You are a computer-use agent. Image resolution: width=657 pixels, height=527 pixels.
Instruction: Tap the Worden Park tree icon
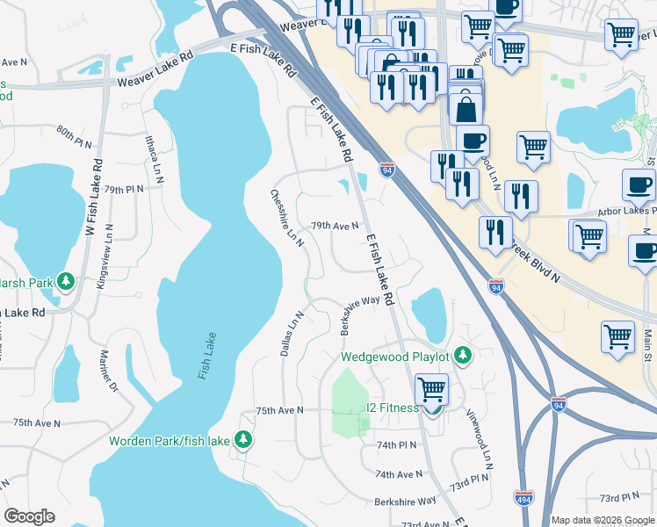tap(242, 441)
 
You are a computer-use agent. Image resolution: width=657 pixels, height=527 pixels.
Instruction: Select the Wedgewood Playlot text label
tap(395, 357)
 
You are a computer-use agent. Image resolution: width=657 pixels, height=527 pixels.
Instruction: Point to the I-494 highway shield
tap(523, 497)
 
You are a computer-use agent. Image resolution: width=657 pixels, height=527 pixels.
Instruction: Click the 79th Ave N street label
tap(334, 226)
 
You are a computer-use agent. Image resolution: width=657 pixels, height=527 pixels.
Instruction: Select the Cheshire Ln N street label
tap(287, 220)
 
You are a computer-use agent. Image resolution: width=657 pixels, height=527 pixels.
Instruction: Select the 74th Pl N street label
tap(396, 446)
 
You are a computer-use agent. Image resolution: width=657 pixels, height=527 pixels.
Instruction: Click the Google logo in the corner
tap(29, 516)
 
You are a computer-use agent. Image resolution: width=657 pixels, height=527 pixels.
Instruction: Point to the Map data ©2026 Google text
tap(603, 520)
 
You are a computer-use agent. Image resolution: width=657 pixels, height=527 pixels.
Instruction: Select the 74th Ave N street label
tap(399, 474)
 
